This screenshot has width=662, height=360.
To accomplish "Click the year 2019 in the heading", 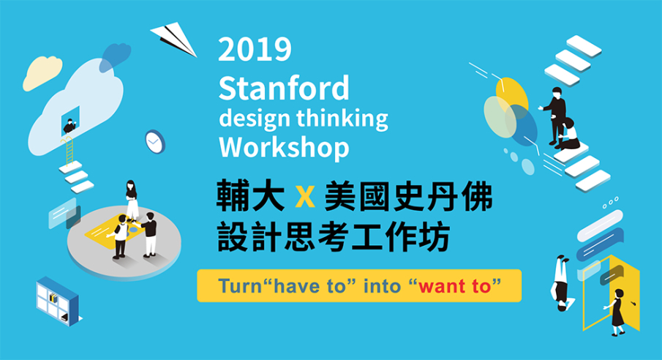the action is coord(255,50).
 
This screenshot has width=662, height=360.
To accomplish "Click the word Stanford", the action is coord(284,88).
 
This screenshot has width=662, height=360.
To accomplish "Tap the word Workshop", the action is coord(284,148).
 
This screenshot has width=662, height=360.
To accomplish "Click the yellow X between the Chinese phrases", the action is coord(305,197).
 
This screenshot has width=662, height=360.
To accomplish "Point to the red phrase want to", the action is coord(454,287).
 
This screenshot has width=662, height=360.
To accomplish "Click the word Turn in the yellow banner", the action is coord(240,286).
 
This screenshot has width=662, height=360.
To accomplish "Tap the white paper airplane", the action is coord(173,39).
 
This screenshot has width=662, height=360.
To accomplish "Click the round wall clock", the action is coord(155,141).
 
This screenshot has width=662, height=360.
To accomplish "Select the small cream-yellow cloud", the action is coord(42,72).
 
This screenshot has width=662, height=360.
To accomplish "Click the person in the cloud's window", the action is coord(69,126).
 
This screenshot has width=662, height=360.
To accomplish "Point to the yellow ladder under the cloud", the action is coord(68,150).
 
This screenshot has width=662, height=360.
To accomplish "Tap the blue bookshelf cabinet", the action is coord(57,301).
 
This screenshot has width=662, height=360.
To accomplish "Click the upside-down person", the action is coord(562,282).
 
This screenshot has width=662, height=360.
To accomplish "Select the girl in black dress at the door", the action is coord(617,312).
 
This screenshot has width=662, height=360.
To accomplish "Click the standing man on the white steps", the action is coord(555,115).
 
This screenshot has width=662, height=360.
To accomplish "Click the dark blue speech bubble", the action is coord(600,244).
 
